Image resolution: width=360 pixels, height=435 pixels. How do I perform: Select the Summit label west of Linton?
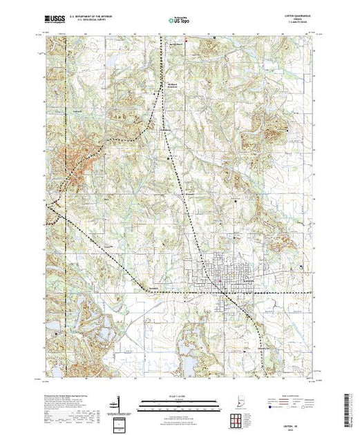tap(154, 288)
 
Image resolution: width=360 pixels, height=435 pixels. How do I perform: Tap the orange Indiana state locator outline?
tap(235, 400)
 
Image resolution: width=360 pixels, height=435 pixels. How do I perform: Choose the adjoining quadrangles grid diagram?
tap(235, 419)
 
